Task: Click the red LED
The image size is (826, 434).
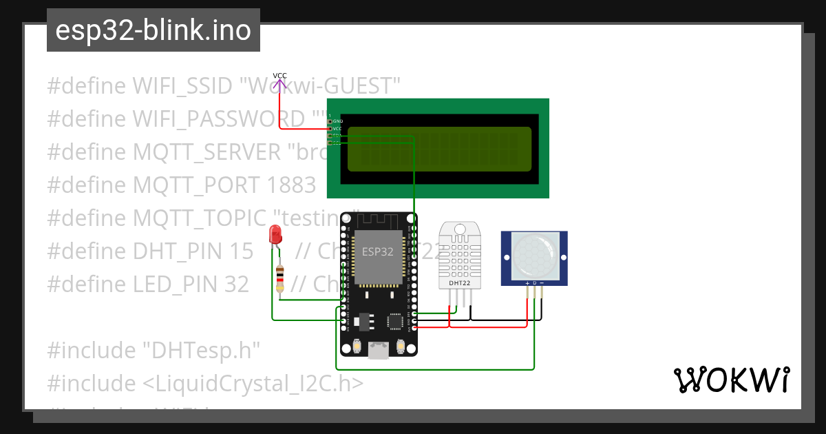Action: click(276, 234)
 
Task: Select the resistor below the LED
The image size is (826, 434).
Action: click(279, 278)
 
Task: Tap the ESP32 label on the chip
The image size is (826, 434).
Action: click(378, 251)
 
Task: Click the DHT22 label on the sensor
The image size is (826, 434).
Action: click(460, 283)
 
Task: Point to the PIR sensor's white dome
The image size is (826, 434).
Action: click(534, 256)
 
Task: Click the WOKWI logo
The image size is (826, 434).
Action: click(731, 380)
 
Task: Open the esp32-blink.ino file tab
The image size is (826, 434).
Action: click(153, 31)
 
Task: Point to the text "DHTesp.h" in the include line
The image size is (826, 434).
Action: click(200, 351)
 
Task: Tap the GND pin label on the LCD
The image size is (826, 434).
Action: click(338, 121)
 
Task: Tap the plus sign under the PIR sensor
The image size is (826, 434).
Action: click(527, 283)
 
